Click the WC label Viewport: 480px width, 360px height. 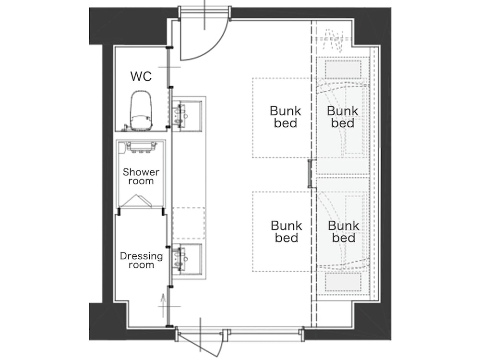click(141, 76)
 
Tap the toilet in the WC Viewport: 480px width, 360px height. click(141, 110)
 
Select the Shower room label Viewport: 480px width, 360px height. click(141, 176)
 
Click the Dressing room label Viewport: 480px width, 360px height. click(141, 260)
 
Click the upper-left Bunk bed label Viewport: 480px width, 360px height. click(285, 117)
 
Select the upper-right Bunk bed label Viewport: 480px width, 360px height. click(342, 117)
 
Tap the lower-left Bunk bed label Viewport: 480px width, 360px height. click(286, 231)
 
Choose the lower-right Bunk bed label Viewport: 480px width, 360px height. click(343, 231)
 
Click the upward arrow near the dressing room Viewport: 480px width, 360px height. click(163, 305)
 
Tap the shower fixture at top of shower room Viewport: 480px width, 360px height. click(141, 147)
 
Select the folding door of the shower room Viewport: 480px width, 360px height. click(135, 201)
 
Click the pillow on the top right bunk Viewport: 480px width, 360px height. click(343, 70)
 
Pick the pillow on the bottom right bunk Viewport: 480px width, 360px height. click(343, 282)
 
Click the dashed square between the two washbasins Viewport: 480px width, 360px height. click(189, 224)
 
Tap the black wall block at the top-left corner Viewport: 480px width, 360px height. click(129, 26)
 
